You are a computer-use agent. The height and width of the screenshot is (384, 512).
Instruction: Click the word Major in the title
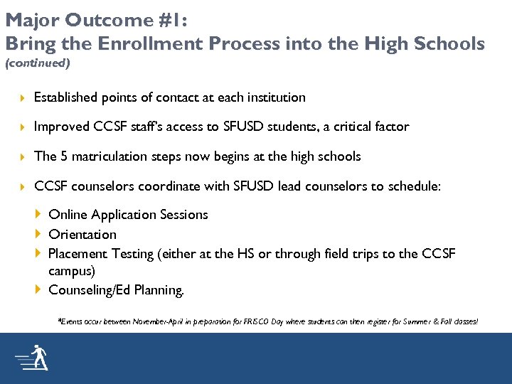(30, 19)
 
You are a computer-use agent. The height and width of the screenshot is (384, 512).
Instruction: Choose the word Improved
(62, 127)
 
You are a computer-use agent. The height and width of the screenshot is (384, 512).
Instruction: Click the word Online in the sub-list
(68, 214)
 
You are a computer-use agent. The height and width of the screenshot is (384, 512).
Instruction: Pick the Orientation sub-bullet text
(82, 234)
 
